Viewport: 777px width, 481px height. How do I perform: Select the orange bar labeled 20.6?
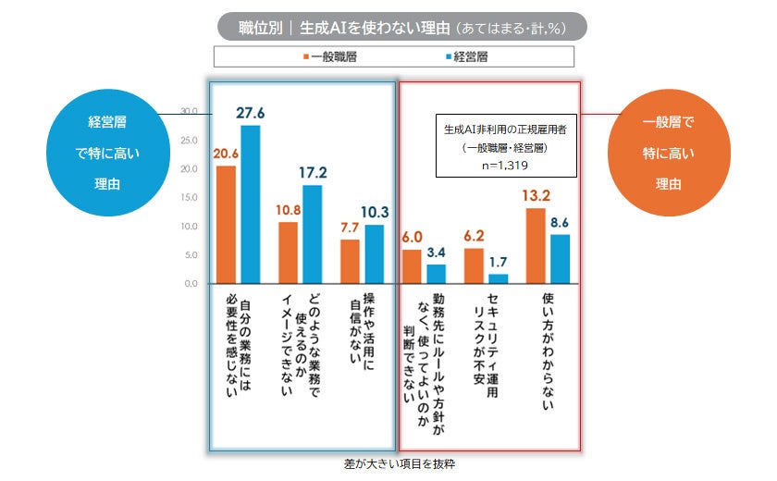(227, 225)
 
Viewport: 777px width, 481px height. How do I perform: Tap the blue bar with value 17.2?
(313, 234)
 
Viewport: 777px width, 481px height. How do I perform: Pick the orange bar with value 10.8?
(289, 253)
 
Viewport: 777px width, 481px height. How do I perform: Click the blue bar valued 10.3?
(375, 253)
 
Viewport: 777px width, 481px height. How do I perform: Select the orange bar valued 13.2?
(536, 245)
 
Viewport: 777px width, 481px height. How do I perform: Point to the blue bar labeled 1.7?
(499, 277)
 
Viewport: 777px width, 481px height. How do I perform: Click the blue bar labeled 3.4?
(437, 273)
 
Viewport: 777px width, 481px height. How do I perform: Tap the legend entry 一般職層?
(330, 56)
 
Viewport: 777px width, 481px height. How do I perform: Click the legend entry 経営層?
(466, 56)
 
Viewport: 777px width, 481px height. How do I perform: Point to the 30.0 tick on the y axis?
(189, 112)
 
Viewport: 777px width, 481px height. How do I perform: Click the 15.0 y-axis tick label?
(189, 198)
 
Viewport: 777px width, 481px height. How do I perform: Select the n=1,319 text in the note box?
(505, 166)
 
